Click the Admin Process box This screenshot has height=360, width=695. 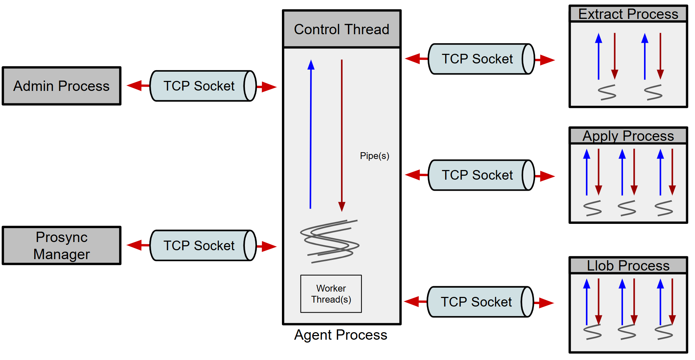click(62, 86)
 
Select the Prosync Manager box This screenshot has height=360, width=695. click(62, 246)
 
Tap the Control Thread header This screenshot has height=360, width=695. click(341, 29)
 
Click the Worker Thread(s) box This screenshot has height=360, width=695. click(331, 294)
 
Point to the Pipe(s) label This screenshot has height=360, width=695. click(374, 156)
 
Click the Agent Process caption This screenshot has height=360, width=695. click(340, 335)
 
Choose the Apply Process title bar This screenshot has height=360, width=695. click(628, 136)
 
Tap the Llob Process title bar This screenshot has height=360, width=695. click(628, 266)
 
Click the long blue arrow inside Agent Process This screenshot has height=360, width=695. click(311, 135)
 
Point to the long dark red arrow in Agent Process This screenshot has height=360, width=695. click(342, 135)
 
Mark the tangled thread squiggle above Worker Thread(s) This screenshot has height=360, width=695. click(330, 242)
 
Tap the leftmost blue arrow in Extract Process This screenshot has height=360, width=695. click(599, 57)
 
